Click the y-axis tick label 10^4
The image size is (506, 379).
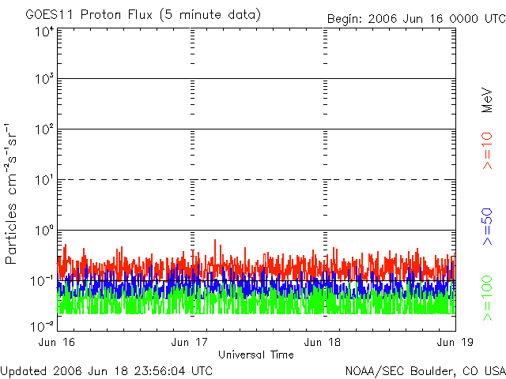click(44, 32)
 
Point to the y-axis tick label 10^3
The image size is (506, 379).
click(44, 79)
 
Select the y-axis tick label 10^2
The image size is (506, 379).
click(44, 129)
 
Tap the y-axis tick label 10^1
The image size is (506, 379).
click(44, 180)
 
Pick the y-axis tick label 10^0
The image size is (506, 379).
click(44, 231)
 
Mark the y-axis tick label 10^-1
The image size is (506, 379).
click(43, 281)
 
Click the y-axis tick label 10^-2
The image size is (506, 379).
click(43, 325)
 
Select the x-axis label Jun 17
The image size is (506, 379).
click(191, 342)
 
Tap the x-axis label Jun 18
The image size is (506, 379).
click(323, 342)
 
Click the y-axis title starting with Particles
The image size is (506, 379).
click(13, 193)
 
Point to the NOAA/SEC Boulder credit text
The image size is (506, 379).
click(425, 370)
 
